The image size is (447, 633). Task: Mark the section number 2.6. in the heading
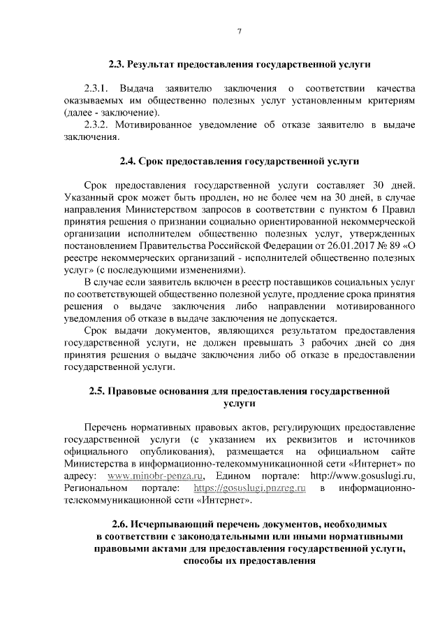pos(122,524)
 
